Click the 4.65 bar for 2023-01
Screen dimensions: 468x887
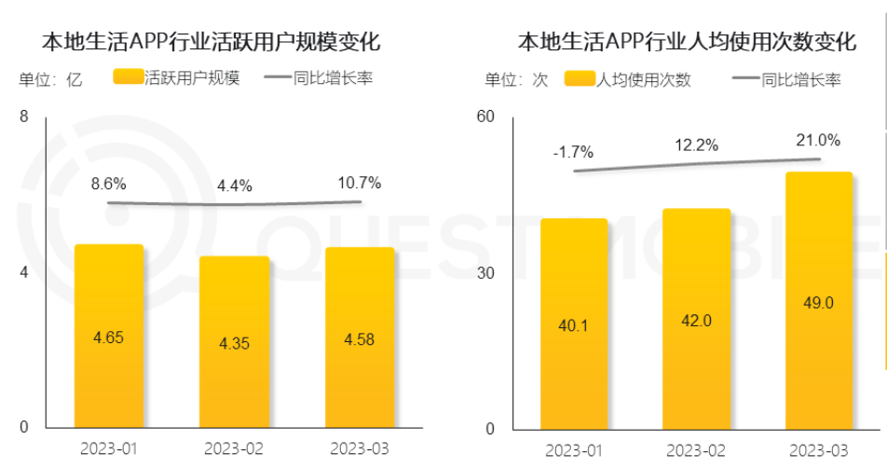coord(108,336)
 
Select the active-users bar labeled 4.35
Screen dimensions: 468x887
coord(234,341)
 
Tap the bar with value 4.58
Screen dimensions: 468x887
coord(360,337)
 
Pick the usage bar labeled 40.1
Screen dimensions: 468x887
coord(573,323)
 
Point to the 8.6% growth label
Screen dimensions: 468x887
coord(108,184)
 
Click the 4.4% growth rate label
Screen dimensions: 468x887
coord(234,186)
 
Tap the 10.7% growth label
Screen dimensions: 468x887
coord(360,183)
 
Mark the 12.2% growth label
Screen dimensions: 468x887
coord(696,145)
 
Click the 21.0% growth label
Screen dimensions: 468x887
coord(819,141)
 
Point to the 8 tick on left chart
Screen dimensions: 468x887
coord(24,117)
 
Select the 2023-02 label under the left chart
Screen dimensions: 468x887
coord(234,449)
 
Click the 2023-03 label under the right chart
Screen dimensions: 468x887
coord(819,450)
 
